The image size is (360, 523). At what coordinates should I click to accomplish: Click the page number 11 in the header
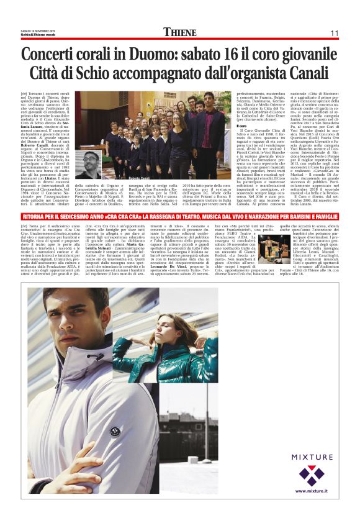pos(333,34)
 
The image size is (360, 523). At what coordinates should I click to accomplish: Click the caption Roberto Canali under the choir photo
pos(138,179)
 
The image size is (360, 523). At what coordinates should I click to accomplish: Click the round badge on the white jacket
pos(114,430)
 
